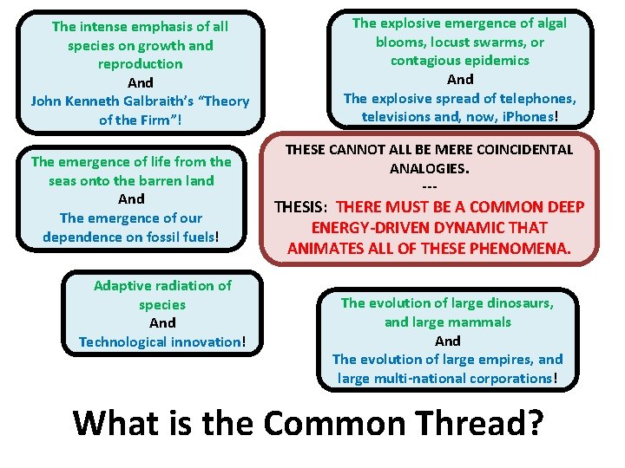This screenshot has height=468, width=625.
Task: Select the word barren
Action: [144, 180]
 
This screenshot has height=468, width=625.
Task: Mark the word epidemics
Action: [496, 60]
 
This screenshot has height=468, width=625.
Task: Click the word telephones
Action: [536, 97]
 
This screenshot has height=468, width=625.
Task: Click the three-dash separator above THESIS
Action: [429, 188]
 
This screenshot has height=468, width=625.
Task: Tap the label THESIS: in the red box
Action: [302, 207]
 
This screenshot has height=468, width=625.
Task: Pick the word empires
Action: [503, 359]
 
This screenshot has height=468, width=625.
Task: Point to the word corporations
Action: [505, 378]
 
